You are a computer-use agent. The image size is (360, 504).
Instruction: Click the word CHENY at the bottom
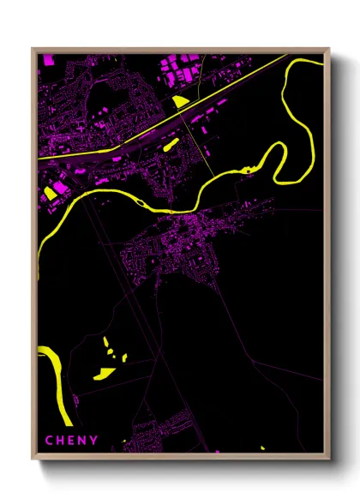[73, 441]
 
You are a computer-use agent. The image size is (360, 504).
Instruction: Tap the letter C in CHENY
[50, 441]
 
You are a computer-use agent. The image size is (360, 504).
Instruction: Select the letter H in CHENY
[62, 441]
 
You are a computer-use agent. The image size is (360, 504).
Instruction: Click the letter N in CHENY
[84, 441]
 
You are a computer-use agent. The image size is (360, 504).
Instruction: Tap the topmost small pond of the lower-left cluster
[106, 341]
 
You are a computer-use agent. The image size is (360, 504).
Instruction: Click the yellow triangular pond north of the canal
[179, 101]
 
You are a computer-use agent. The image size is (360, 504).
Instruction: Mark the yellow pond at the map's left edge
[48, 192]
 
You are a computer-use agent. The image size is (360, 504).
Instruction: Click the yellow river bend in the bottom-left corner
[53, 377]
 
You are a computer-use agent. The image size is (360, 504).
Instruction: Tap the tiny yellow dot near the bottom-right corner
[262, 447]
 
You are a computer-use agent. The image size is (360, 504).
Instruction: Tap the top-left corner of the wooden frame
[33, 50]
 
